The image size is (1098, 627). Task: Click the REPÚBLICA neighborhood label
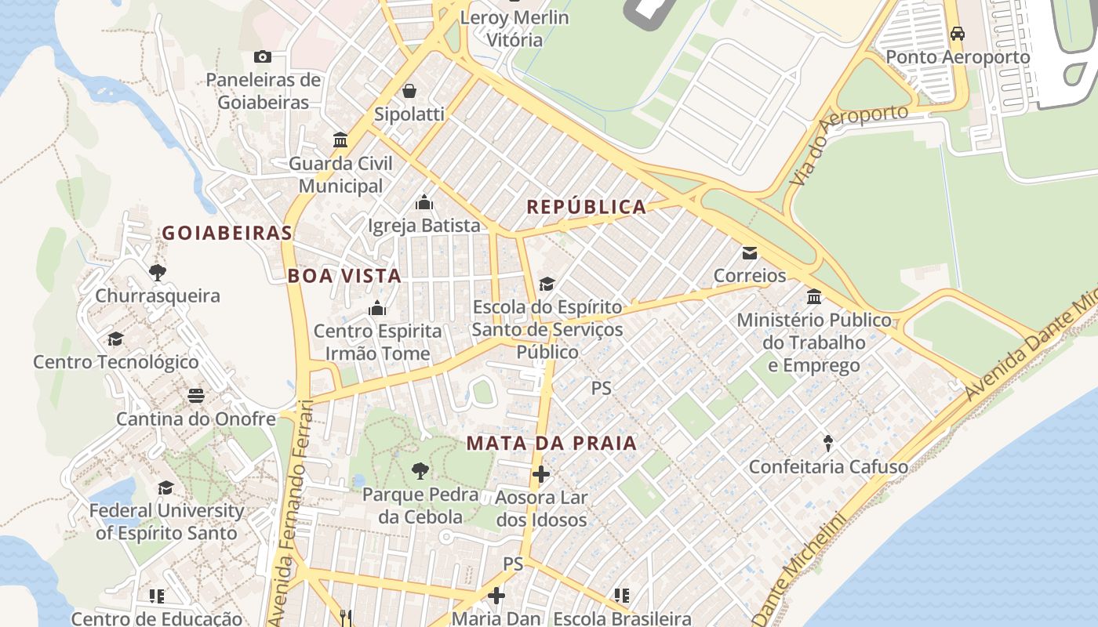tap(587, 207)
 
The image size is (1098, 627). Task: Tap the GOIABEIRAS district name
tap(227, 233)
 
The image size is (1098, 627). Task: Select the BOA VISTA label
tap(344, 276)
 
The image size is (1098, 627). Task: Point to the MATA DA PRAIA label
tap(551, 443)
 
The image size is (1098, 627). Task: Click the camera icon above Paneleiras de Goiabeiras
tap(263, 56)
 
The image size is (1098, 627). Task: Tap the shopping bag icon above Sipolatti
tap(409, 92)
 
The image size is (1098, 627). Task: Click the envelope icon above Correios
tap(750, 253)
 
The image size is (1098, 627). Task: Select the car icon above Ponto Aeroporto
tap(957, 34)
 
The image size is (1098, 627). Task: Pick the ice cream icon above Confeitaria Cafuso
tap(828, 444)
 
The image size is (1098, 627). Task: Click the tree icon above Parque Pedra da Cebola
tap(420, 471)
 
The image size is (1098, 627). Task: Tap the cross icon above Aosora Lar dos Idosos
tap(541, 474)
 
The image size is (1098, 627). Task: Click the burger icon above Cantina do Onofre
tap(196, 395)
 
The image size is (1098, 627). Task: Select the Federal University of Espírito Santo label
tap(166, 522)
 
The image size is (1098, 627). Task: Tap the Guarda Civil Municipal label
tap(341, 175)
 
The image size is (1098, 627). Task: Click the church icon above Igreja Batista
tap(424, 203)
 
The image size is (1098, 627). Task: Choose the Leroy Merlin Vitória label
tap(514, 28)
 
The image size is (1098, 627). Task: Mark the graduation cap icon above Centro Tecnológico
tap(116, 339)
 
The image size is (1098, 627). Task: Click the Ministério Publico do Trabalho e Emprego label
tap(814, 342)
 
